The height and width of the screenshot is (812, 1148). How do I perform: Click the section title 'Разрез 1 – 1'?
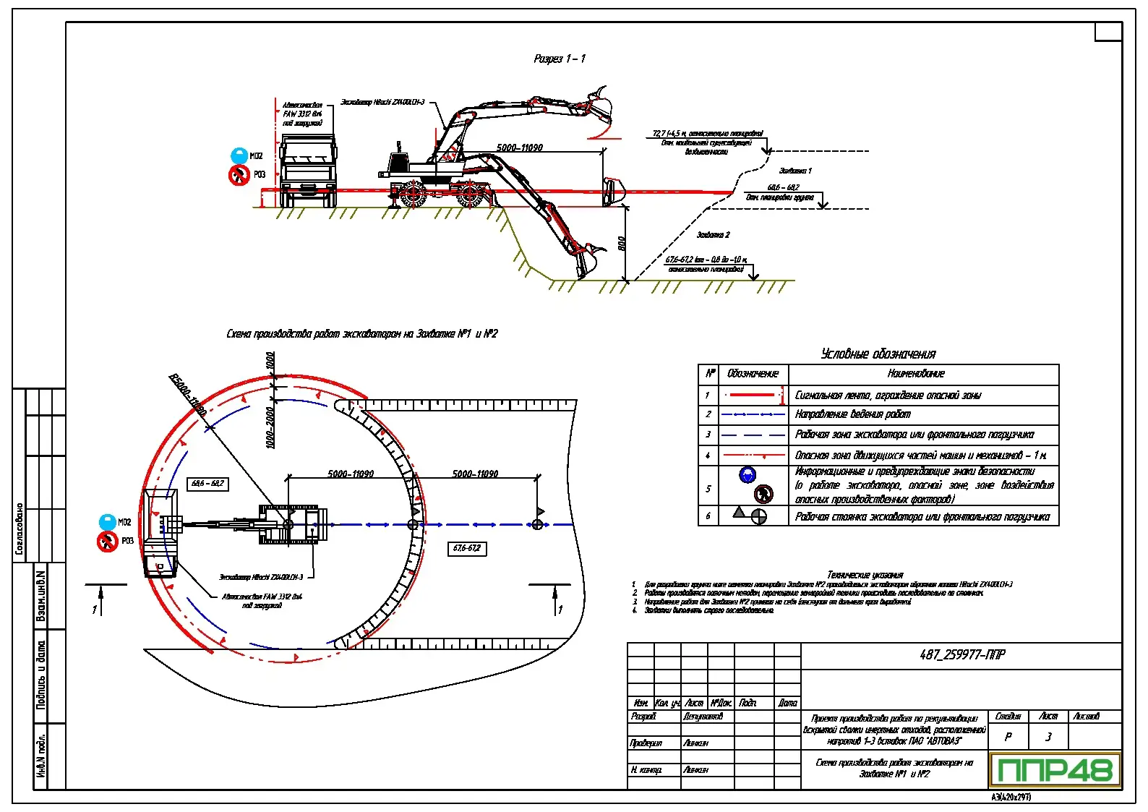560,59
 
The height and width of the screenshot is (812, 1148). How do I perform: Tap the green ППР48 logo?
1055,770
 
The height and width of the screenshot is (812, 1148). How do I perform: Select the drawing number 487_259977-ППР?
961,655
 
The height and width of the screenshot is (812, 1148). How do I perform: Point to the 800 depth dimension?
622,244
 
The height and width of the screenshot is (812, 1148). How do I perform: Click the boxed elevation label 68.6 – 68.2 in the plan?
207,484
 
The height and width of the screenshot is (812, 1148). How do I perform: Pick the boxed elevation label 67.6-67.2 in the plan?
466,548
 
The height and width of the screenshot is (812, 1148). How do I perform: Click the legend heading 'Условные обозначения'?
878,354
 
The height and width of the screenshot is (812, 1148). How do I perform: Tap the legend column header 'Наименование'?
915,374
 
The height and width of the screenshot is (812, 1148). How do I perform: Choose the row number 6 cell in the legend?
708,516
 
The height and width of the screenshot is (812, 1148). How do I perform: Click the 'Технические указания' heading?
865,575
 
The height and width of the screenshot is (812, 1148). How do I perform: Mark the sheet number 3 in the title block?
1048,737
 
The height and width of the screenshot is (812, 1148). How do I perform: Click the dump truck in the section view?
308,168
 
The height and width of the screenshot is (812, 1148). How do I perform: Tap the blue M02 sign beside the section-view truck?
239,155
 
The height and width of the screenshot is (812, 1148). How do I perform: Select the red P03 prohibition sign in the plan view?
107,541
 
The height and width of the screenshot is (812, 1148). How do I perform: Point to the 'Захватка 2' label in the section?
713,235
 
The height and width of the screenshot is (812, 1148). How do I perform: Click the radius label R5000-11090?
187,395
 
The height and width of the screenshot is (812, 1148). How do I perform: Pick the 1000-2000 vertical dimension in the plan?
270,427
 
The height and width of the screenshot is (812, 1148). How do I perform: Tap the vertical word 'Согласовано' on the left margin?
20,529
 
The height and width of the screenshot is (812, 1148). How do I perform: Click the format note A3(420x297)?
1011,797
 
